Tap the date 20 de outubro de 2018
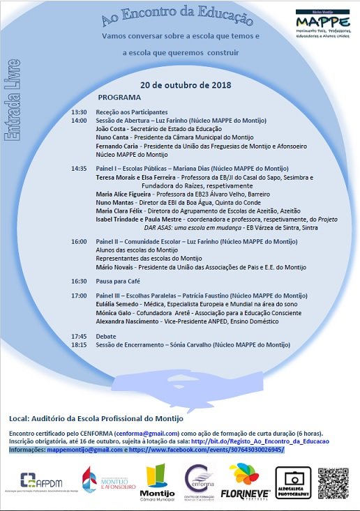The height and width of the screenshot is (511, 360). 186,84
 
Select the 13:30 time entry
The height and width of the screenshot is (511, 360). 79,112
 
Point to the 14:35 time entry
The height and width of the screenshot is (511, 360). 79,169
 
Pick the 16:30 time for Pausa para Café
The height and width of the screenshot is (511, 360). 79,281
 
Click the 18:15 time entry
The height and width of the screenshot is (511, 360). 79,344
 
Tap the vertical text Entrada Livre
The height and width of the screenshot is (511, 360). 12,103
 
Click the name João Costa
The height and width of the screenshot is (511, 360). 111,128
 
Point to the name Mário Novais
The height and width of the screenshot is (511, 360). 114,267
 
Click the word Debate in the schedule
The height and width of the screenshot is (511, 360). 106,336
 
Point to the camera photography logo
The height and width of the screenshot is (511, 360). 292,482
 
